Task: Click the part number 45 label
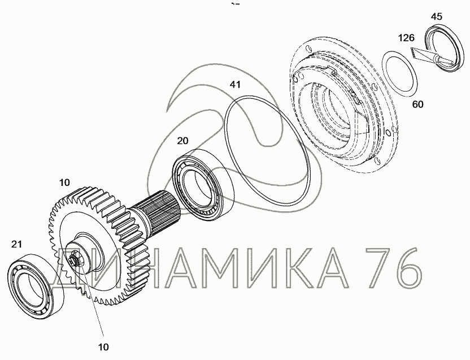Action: coord(437,16)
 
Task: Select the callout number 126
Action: coord(407,38)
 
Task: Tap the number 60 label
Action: coord(418,105)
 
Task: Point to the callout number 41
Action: coord(235,85)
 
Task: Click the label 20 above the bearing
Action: coord(182,141)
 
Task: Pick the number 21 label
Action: coord(16,244)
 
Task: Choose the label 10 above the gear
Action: coord(64,183)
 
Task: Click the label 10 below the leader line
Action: coord(103,347)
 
